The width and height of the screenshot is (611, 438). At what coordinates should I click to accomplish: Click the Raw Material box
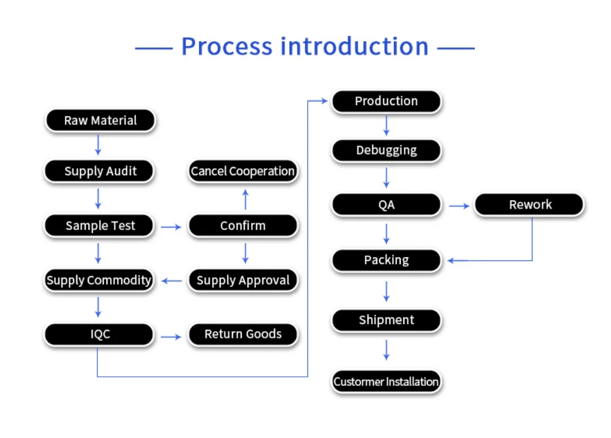point(100,121)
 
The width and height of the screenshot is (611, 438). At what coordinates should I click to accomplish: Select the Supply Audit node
point(100,171)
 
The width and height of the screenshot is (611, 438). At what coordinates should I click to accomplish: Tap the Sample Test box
point(100,226)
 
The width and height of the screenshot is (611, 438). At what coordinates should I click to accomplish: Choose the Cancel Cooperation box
point(242,171)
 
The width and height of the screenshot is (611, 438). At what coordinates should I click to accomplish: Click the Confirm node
point(242,226)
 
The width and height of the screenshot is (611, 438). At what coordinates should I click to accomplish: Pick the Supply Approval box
point(242,280)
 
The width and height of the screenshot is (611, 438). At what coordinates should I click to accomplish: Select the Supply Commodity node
point(99,280)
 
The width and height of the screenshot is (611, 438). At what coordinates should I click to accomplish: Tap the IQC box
point(99,334)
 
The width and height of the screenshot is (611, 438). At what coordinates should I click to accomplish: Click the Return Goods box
point(242,334)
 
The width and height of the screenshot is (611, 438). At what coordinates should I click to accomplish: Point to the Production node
point(386,101)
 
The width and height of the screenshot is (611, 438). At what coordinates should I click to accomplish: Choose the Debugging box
point(386,150)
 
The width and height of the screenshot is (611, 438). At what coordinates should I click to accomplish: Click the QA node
point(386,205)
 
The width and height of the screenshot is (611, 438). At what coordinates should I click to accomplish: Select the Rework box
point(529,205)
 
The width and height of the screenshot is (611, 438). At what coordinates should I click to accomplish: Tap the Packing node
point(386,260)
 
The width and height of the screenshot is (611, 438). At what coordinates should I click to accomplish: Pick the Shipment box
point(386,320)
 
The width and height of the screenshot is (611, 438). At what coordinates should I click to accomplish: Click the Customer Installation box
point(386,382)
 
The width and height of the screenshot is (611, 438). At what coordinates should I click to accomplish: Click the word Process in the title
point(226,47)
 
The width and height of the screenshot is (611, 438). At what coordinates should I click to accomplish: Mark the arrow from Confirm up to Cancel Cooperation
point(245,199)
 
